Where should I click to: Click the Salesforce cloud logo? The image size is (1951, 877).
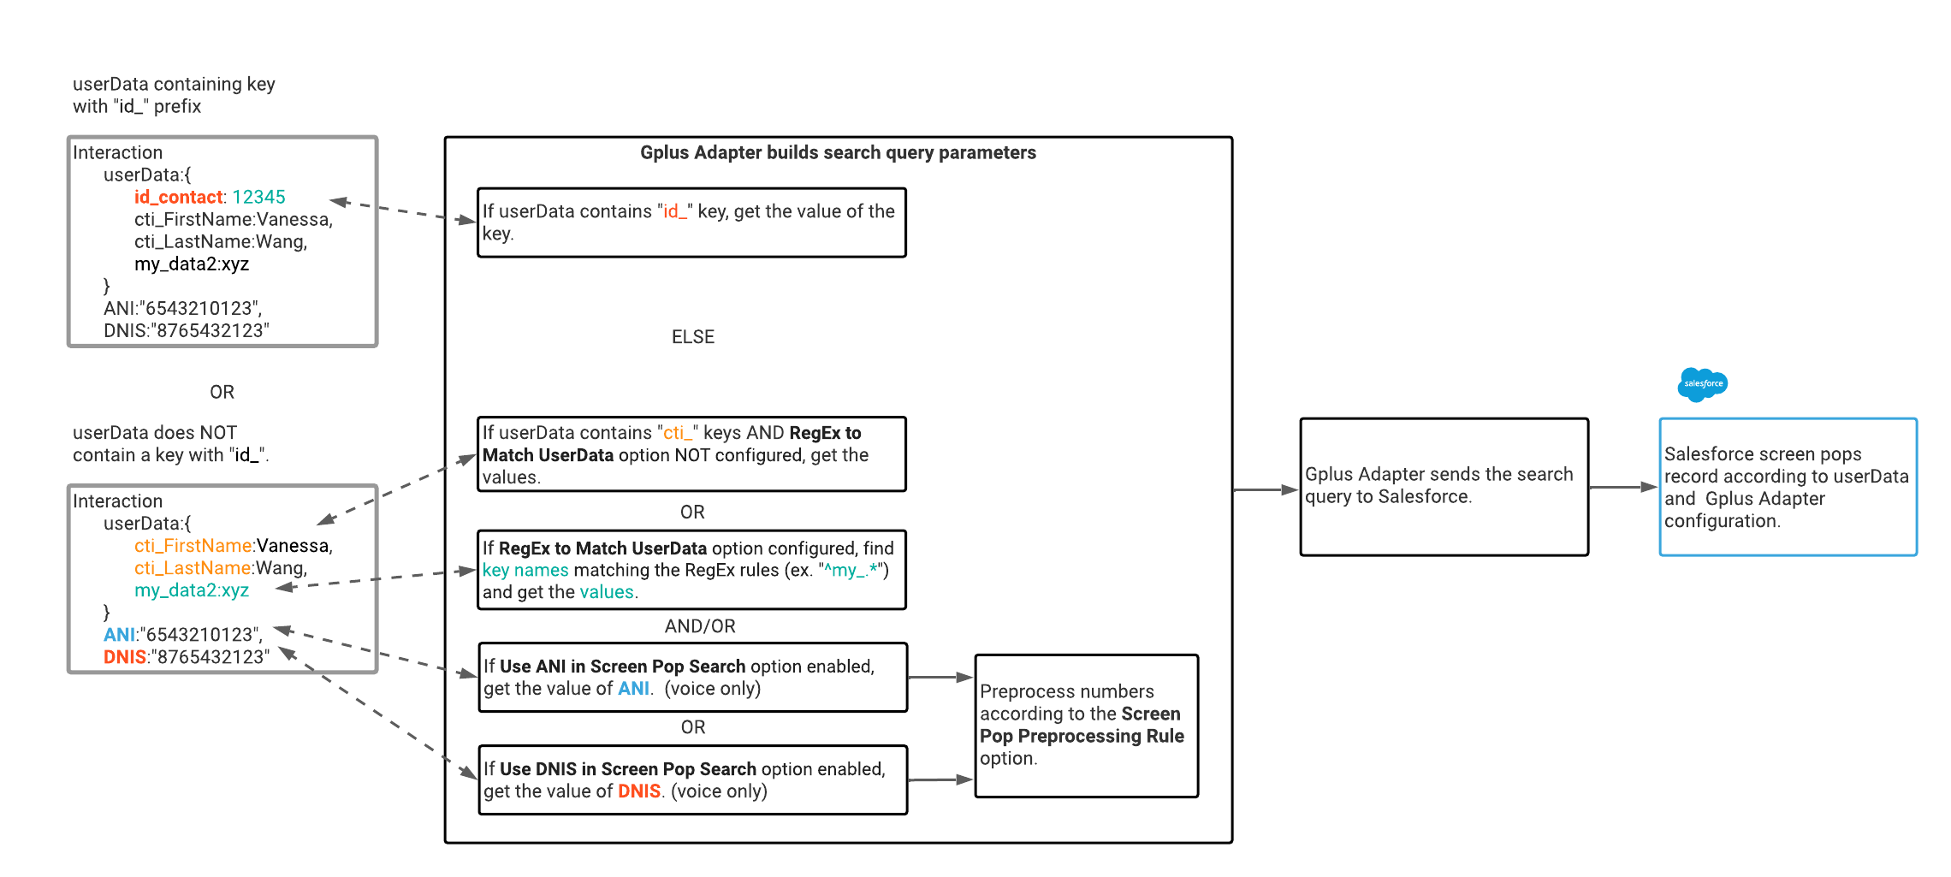click(1702, 384)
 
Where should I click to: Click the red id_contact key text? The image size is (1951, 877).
click(178, 198)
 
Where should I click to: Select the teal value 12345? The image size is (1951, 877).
click(258, 198)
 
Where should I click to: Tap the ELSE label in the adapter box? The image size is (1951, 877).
click(692, 337)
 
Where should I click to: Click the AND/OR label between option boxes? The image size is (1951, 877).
click(699, 626)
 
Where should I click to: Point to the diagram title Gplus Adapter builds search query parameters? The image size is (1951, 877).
click(837, 153)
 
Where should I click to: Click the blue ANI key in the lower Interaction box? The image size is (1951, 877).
click(119, 635)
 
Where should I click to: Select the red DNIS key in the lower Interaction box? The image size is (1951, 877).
click(124, 657)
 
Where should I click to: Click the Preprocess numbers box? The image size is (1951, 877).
click(1085, 726)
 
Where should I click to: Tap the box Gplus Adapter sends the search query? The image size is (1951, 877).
click(1443, 486)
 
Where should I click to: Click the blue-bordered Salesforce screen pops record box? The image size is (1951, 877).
click(1787, 487)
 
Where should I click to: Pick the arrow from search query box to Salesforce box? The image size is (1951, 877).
click(1622, 487)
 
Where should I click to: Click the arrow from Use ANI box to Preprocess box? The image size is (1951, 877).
click(940, 678)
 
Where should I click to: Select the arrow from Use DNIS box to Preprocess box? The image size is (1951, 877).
click(940, 780)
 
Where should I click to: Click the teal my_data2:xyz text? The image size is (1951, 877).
click(191, 590)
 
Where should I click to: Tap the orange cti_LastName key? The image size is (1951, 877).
click(193, 568)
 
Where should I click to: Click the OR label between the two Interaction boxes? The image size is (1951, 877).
click(222, 392)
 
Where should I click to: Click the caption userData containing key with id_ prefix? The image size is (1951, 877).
click(174, 95)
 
